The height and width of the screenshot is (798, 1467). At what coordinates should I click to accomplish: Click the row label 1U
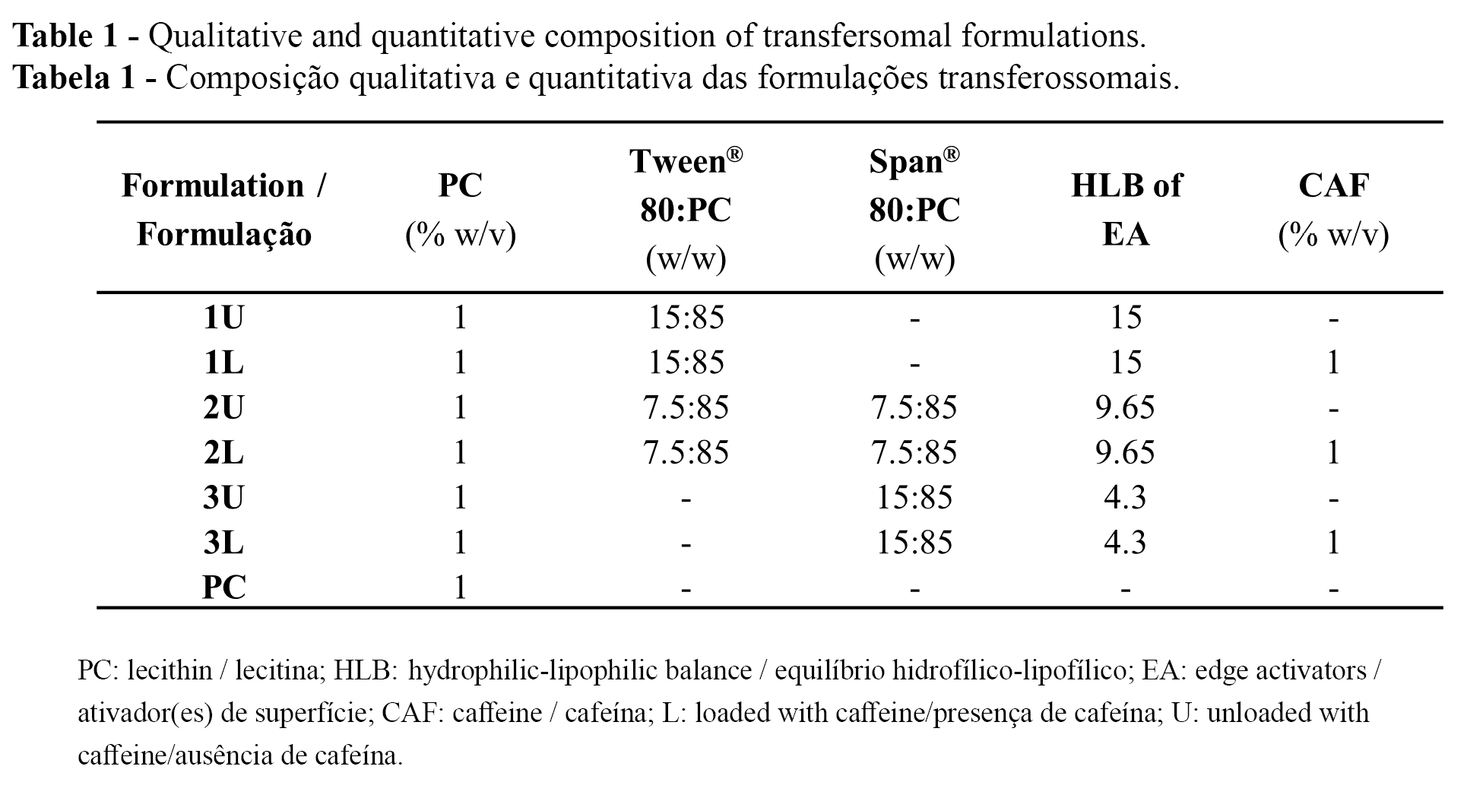point(223,318)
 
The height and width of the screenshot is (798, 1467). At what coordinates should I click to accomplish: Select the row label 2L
point(223,453)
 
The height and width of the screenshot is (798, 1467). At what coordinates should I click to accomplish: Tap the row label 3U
point(223,498)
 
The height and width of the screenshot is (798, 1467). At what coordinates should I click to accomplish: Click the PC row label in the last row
point(224,587)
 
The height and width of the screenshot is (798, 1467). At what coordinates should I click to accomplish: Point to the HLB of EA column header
point(1126,209)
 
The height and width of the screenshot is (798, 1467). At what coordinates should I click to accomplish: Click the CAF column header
point(1333,209)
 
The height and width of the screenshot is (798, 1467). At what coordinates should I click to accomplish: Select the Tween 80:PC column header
point(686,209)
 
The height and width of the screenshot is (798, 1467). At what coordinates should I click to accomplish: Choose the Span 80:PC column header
point(914,209)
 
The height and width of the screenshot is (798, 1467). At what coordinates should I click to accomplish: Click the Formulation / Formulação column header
point(224,209)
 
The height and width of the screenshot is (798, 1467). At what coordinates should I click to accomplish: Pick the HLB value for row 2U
point(1125,408)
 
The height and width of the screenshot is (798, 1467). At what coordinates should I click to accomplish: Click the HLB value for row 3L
point(1125,543)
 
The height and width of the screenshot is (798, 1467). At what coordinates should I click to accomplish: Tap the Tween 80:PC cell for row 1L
point(686,363)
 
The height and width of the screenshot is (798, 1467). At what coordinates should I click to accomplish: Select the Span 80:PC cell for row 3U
point(914,498)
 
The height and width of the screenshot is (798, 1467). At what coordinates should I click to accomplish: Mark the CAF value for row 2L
point(1332,453)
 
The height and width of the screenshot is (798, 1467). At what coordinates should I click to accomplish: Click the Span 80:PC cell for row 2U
point(914,408)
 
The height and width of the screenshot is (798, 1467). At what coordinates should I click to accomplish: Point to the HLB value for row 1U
point(1125,318)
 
